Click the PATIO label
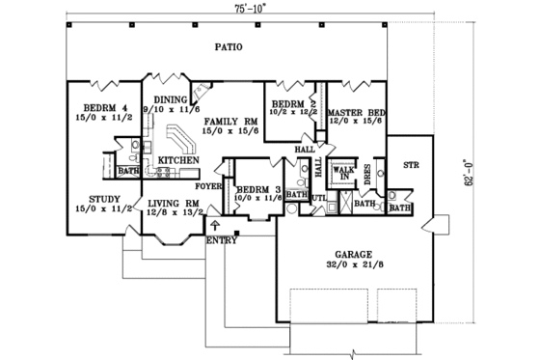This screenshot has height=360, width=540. click(x=229, y=46)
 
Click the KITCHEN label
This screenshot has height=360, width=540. click(x=180, y=159)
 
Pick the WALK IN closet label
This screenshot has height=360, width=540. click(x=343, y=173)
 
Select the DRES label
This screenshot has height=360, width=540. click(x=368, y=174)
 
